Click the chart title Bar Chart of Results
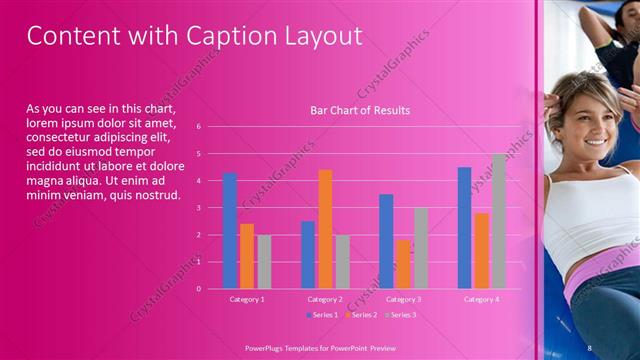click(x=360, y=110)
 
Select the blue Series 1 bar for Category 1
click(x=230, y=231)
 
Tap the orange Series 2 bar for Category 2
click(x=325, y=229)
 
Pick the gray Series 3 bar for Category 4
click(x=498, y=221)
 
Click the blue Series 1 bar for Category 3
click(x=386, y=241)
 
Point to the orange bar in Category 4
click(x=481, y=251)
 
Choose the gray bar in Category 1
click(x=264, y=262)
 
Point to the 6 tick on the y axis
click(x=199, y=127)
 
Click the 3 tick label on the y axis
click(x=199, y=208)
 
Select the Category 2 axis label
click(x=325, y=299)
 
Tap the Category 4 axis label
click(x=481, y=299)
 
